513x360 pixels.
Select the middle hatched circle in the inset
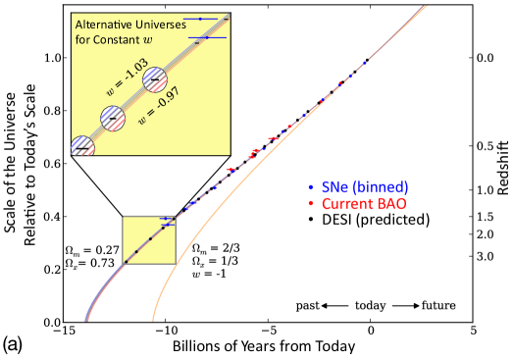click(113, 117)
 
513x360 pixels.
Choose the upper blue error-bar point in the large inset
click(200, 19)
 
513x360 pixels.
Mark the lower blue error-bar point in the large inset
click(207, 38)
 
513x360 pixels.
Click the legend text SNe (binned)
click(364, 186)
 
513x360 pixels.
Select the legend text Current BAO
click(364, 204)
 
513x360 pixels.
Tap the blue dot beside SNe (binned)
click(311, 186)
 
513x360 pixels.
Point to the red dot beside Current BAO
click(311, 204)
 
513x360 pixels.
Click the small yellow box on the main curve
click(148, 239)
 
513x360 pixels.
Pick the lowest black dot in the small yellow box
click(127, 260)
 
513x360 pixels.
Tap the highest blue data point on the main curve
click(366, 62)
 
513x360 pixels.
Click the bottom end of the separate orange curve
click(153, 319)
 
